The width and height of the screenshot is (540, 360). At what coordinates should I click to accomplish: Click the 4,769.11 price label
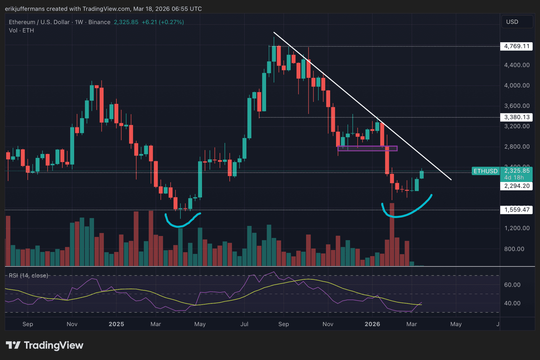coord(516,46)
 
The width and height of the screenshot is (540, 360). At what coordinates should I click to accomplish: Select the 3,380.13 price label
coord(516,117)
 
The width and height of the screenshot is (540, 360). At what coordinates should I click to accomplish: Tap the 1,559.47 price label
coord(516,210)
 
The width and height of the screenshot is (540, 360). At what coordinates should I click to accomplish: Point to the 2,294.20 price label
coord(516,186)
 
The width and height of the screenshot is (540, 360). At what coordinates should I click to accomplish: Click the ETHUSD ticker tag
coord(485,171)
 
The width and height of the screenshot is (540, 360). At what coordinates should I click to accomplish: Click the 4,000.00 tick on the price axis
coord(517,85)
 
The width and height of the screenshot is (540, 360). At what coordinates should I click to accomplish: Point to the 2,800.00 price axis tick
coord(517,147)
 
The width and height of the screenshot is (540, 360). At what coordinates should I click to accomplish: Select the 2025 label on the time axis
coord(116,324)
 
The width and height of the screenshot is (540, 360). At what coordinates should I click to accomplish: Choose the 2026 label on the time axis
coord(372,324)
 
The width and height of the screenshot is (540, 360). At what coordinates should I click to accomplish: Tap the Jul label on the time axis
coord(244,324)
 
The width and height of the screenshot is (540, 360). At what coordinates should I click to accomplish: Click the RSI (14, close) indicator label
coord(28,276)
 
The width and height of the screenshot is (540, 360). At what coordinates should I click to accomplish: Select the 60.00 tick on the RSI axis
coord(512,285)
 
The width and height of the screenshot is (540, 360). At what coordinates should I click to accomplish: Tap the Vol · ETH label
coord(21,31)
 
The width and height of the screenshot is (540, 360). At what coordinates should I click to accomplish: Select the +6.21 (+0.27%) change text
coord(163,22)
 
